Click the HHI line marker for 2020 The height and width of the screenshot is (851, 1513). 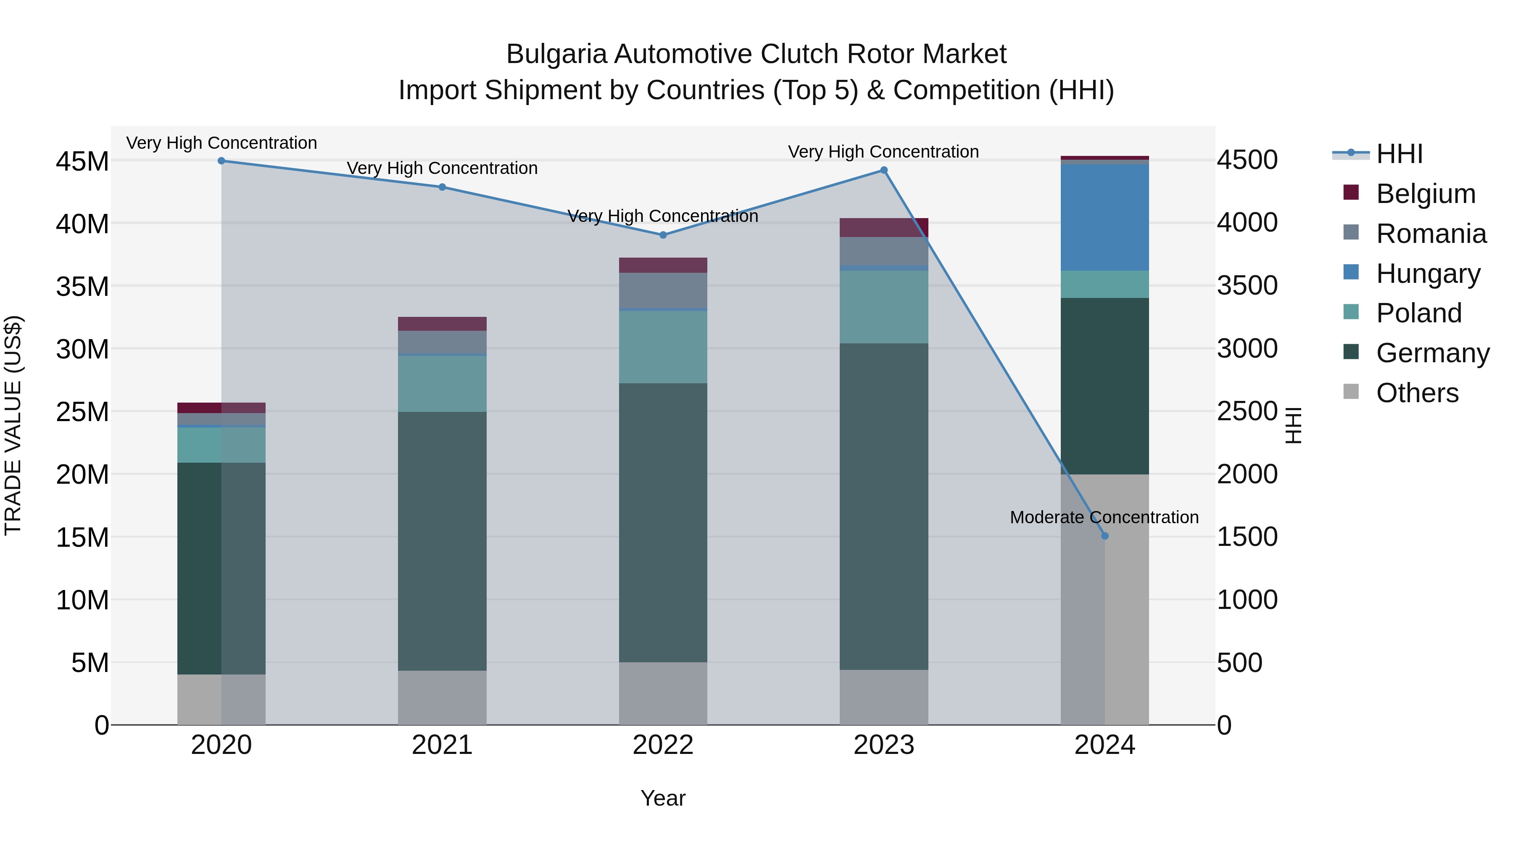(221, 161)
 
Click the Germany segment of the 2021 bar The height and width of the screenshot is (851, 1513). (442, 540)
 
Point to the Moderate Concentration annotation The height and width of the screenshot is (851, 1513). (1104, 517)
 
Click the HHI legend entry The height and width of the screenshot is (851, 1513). (1399, 154)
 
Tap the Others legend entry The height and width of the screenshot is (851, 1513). (1417, 393)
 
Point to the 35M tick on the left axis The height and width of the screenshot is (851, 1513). (82, 287)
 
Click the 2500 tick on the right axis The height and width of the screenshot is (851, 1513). (1247, 411)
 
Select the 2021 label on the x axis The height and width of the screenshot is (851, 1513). (442, 745)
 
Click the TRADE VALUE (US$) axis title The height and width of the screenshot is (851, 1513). (13, 425)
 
